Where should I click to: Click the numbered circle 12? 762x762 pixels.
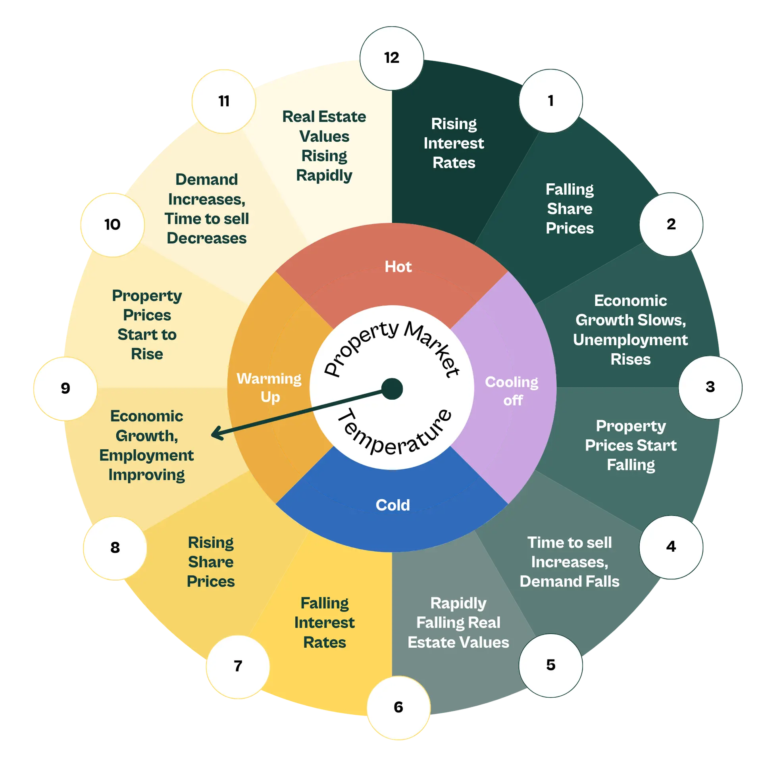point(392,58)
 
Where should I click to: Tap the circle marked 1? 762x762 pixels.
point(550,101)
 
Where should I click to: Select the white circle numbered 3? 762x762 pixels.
point(710,387)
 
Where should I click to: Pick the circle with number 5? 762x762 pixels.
point(550,665)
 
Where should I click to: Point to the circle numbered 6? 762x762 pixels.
point(398,707)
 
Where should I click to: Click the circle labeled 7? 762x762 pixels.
point(238,666)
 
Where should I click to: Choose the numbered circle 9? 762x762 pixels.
point(65,388)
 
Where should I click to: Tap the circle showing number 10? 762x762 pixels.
point(112,225)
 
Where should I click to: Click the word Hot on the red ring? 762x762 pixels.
point(398,267)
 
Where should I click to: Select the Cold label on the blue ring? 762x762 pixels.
point(393,505)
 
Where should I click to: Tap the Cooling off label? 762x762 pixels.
point(512,391)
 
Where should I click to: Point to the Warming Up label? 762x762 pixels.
point(269,388)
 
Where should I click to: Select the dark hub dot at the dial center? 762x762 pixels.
point(392,389)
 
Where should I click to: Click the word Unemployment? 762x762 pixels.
point(630,340)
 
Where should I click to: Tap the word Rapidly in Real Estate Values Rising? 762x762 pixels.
point(324,175)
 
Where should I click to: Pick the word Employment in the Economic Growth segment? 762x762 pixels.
point(146,456)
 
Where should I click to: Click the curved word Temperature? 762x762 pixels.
point(393,437)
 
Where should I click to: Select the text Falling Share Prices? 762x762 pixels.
point(570,209)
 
